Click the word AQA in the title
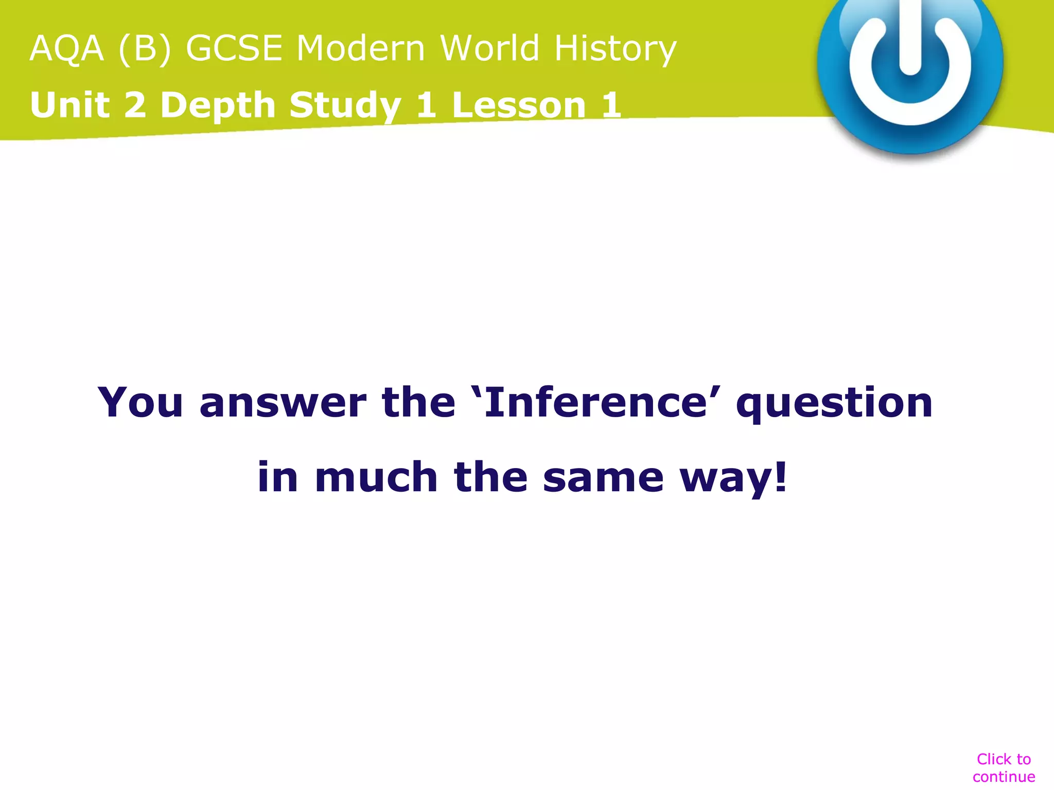click(67, 48)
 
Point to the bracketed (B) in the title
click(145, 49)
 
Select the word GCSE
click(234, 48)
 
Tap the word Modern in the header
click(361, 48)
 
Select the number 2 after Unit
click(135, 105)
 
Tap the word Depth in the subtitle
click(218, 106)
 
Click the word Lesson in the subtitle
click(519, 105)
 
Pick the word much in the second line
click(376, 477)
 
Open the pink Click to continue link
click(1004, 768)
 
